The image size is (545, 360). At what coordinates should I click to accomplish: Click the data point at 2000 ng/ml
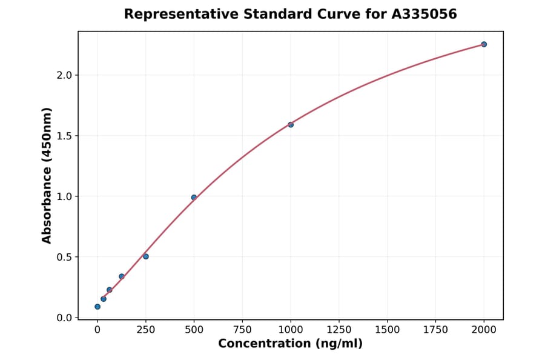pos(484,44)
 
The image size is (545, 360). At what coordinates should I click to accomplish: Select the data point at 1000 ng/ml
pos(291,125)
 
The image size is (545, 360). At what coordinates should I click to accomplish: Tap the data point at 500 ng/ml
pos(194,198)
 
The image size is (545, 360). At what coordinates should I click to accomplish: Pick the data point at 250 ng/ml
pos(146,256)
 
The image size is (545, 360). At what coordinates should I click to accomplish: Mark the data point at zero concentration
pos(97,307)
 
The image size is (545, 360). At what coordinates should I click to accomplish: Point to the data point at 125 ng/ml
pos(122,276)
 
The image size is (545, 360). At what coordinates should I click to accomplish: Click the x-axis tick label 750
pos(242,330)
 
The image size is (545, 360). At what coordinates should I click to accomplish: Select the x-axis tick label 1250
pos(339,330)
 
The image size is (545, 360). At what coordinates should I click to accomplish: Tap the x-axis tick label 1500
pos(388,330)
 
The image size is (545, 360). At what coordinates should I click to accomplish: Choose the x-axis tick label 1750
pos(435,330)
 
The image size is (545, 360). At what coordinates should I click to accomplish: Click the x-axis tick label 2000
pos(484,330)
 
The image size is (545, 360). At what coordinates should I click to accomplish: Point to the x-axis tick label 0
pos(97,330)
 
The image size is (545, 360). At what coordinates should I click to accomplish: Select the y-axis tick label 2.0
pos(64,75)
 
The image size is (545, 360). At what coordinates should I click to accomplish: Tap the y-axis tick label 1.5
pos(64,136)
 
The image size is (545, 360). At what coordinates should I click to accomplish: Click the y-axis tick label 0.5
pos(64,257)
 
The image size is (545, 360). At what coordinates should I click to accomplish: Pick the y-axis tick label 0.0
pos(64,318)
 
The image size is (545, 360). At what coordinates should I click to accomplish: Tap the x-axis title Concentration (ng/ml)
pos(290,344)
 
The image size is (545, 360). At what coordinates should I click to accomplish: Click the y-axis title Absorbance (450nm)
pos(47,175)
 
